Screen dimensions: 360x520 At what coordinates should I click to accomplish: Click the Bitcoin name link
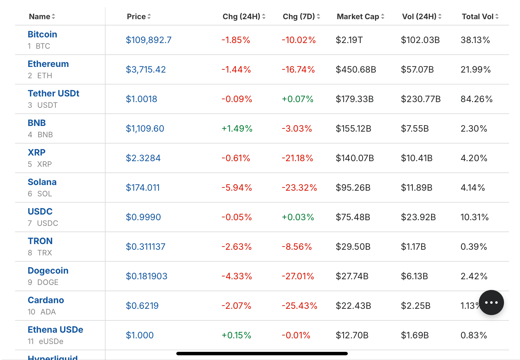point(42,34)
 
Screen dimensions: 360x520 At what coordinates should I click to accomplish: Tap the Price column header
point(136,17)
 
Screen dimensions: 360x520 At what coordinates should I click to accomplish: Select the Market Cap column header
point(358,17)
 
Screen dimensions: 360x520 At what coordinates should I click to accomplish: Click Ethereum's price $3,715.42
point(146,69)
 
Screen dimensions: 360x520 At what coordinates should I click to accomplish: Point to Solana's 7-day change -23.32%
point(299,188)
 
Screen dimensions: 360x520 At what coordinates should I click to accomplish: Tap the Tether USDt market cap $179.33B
point(354,99)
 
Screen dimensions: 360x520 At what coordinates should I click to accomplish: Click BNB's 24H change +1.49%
point(237,128)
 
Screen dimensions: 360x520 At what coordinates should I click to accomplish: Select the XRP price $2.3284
point(143,158)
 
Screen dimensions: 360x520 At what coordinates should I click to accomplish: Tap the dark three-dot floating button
point(491,303)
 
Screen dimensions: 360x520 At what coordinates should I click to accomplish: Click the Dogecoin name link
point(48,270)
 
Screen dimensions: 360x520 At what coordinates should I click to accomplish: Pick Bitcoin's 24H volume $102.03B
point(420,40)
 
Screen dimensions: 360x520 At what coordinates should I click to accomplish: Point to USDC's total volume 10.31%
point(474,217)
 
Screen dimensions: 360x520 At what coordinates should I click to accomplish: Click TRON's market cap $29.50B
point(353,247)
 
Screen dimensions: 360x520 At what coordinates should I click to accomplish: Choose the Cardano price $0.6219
point(142,306)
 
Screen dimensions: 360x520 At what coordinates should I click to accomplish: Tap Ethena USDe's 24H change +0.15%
point(236,335)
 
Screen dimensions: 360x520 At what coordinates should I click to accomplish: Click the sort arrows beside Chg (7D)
point(318,17)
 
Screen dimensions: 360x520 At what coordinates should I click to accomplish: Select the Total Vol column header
point(477,17)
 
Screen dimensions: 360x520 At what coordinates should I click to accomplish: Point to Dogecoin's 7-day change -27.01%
point(298,276)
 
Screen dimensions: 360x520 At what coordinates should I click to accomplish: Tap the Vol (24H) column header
point(419,17)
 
